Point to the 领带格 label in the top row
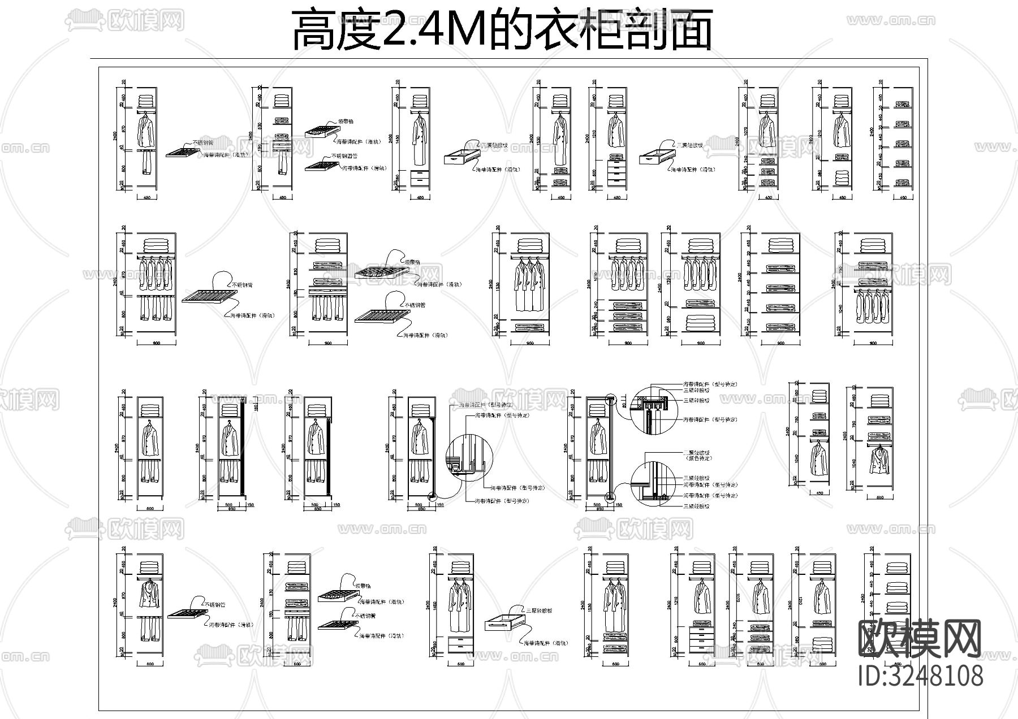click(346, 121)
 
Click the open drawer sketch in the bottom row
click(503, 623)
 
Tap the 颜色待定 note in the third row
click(697, 458)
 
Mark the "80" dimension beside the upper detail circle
click(624, 404)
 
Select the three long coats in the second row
click(529, 285)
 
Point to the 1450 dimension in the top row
click(398, 138)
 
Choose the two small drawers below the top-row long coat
click(419, 177)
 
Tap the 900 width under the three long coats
click(529, 343)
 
